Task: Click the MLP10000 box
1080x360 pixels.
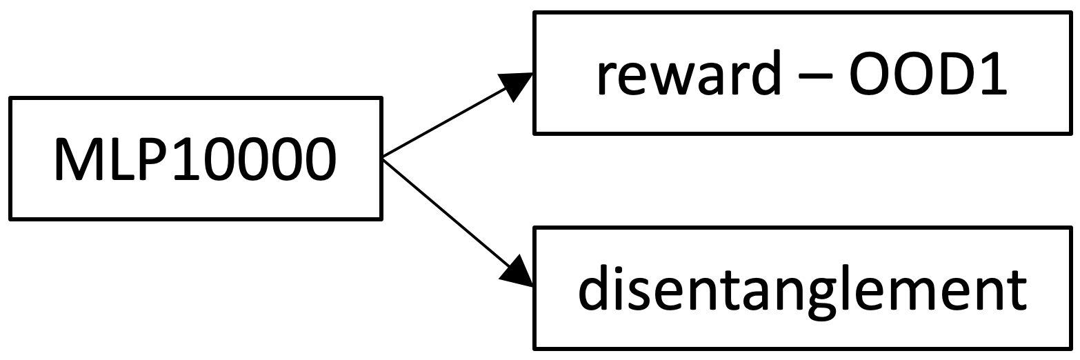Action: pyautogui.click(x=195, y=159)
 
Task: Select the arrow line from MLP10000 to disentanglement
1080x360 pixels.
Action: pyautogui.click(x=445, y=211)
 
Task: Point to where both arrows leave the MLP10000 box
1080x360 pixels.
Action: pyautogui.click(x=383, y=158)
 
